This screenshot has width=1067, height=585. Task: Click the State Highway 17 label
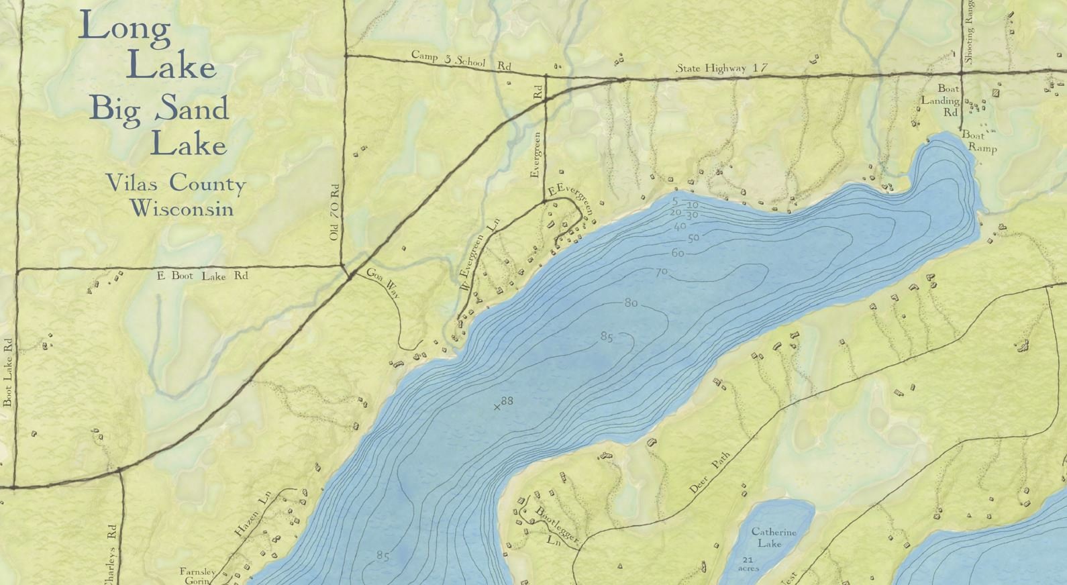point(721,68)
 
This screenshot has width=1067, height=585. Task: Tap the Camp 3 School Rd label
point(460,60)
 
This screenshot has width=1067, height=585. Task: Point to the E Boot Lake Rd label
point(202,276)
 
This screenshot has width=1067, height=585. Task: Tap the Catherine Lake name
point(773,537)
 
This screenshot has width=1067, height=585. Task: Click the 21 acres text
point(748,564)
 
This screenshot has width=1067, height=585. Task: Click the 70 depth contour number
point(662,272)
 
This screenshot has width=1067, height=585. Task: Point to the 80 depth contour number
point(631,303)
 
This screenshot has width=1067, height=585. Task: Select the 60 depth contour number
point(678,253)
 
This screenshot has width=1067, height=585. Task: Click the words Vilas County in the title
point(175,182)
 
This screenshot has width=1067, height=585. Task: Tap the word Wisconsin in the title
point(182,209)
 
